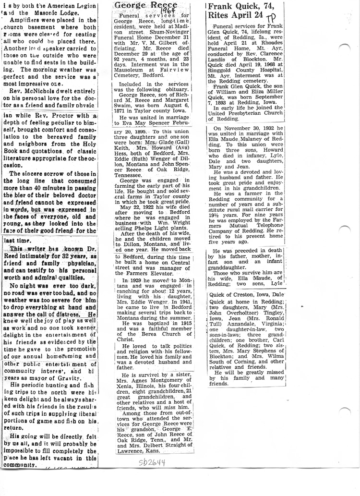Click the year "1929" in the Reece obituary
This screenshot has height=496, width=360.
pos(135,279)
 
